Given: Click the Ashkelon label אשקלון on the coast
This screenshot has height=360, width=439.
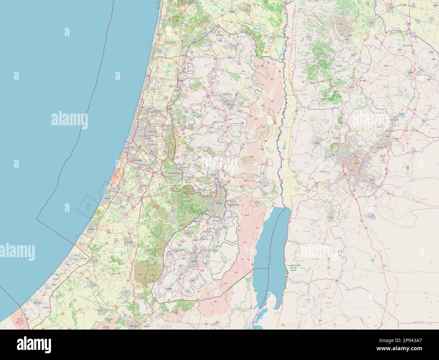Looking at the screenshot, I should (x=93, y=230).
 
